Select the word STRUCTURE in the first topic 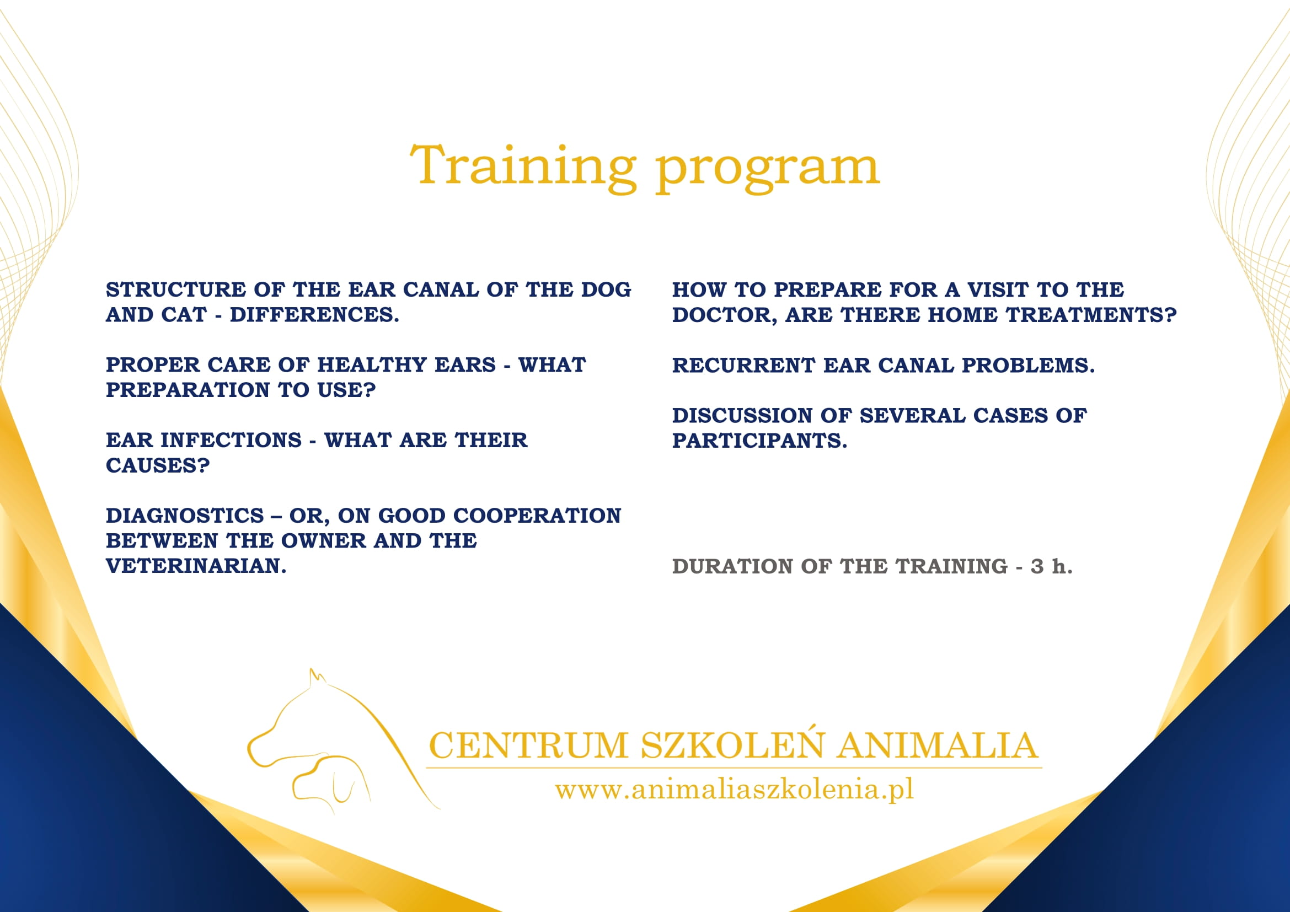176,290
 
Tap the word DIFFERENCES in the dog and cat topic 314,315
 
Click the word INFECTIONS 231,440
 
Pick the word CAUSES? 158,465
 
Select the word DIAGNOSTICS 185,516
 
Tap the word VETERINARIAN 196,566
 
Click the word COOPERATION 537,516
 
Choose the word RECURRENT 743,366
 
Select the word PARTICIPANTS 759,441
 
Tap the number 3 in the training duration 1037,567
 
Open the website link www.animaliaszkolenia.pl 734,789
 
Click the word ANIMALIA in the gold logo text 936,746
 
